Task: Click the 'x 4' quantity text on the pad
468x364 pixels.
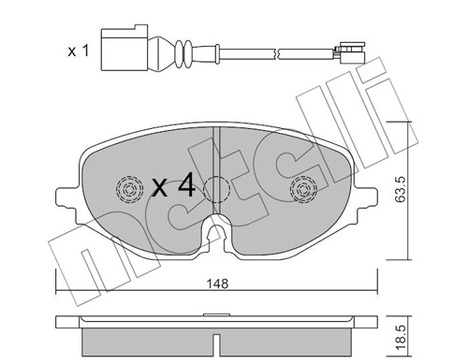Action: [x=172, y=186]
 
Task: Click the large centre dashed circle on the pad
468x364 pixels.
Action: [x=217, y=189]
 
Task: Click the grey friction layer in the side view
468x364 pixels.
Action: [x=214, y=342]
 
